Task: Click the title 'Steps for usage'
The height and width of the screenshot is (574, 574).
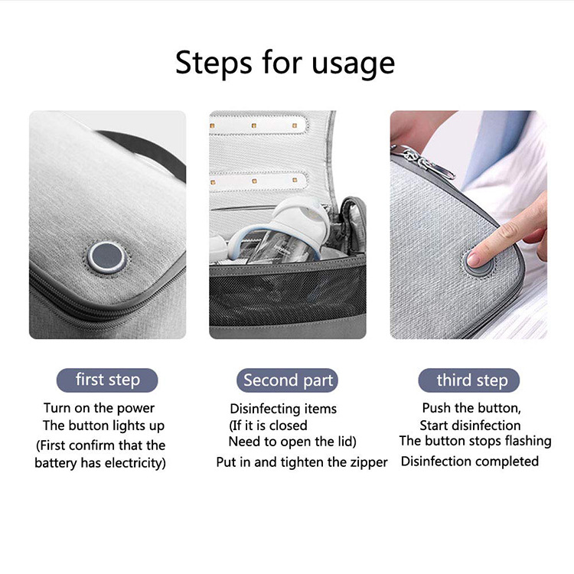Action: coord(285,64)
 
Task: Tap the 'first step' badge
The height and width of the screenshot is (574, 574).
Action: coord(107,380)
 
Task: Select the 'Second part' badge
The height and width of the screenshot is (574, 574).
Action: coord(287,380)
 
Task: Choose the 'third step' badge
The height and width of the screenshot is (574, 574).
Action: coord(469,380)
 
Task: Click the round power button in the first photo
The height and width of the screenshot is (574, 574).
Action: coord(107,257)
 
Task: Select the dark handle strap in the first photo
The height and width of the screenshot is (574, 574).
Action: coord(146,150)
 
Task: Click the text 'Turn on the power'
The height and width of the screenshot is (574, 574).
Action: coord(99,408)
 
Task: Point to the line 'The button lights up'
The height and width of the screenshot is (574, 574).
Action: coord(103,426)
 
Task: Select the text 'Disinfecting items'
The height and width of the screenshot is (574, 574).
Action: coord(283,409)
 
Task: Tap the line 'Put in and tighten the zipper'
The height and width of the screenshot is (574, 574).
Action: coord(302,462)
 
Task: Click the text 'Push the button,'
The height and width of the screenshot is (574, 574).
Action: coord(471,408)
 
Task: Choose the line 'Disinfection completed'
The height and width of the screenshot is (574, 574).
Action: coord(470,461)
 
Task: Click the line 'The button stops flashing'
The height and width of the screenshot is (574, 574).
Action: coord(475,441)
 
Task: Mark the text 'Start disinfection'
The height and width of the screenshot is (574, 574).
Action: coord(470,426)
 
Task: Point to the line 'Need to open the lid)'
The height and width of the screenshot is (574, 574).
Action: coord(292,442)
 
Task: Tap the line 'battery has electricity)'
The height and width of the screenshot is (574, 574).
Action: coord(100,463)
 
